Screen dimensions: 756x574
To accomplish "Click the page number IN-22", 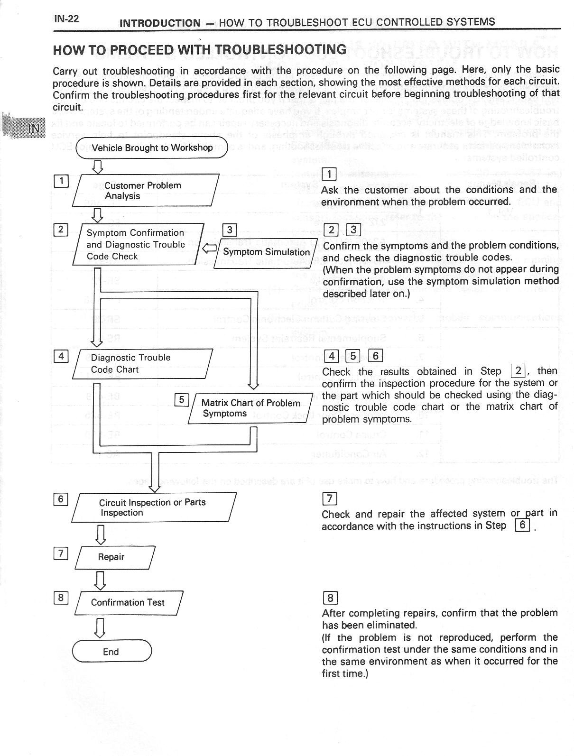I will click(66, 19).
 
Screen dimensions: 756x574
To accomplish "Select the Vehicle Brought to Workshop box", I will click(152, 148).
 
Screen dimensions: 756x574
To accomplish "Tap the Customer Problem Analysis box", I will click(145, 191).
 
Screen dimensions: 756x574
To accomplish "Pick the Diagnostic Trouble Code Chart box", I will click(142, 364).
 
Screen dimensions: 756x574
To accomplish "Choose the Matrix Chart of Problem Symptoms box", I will click(250, 408).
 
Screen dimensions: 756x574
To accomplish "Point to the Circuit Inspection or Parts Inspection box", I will click(154, 507).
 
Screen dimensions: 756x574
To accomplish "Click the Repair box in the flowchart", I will click(114, 557).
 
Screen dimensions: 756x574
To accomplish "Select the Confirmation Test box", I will click(128, 603).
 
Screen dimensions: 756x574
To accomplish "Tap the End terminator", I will click(111, 652).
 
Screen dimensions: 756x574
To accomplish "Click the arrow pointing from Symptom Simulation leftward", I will click(209, 248).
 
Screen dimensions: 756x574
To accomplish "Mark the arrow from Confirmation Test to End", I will click(100, 627).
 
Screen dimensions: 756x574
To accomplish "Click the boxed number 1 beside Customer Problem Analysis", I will click(61, 181).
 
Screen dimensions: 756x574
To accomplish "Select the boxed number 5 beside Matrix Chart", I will click(182, 400).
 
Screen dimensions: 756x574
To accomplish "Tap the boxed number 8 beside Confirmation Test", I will click(61, 598).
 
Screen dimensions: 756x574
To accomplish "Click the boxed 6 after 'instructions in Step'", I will click(522, 526).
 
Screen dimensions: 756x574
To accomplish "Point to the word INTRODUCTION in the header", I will click(160, 23).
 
